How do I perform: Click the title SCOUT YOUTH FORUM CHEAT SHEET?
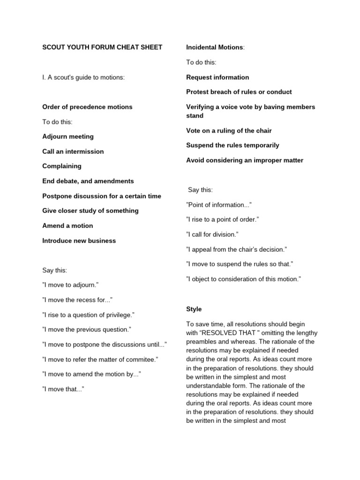[x=102, y=47]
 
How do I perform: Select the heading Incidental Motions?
[x=215, y=47]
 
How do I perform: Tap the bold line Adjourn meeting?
[x=68, y=136]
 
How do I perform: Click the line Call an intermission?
[x=73, y=151]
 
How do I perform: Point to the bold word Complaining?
[x=62, y=166]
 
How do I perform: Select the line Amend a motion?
[x=68, y=225]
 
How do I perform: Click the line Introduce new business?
[x=79, y=240]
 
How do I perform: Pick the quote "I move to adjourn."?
[x=70, y=285]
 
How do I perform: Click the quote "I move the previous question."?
[x=87, y=330]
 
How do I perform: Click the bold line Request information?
[x=217, y=77]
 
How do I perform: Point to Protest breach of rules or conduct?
[x=239, y=92]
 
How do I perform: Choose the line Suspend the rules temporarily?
[x=232, y=145]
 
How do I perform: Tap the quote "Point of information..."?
[x=219, y=204]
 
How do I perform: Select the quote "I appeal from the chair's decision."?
[x=236, y=249]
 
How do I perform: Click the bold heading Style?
[x=194, y=309]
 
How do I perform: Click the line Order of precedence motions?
[x=87, y=107]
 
